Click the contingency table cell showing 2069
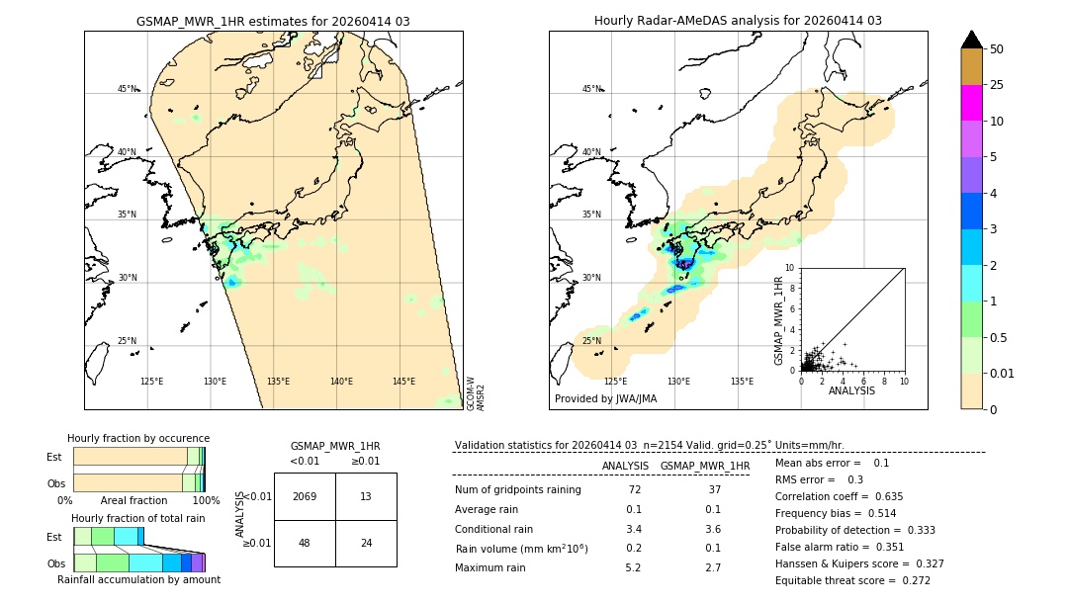click(305, 496)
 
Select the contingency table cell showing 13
click(366, 496)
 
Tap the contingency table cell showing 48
click(305, 543)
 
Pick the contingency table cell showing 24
click(366, 543)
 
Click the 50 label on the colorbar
click(997, 49)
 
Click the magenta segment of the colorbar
click(972, 103)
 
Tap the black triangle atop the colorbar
click(972, 40)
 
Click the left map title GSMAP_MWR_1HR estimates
click(273, 21)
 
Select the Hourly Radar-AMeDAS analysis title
click(738, 21)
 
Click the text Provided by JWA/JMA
click(605, 398)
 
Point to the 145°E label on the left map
click(403, 382)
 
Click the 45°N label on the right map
click(591, 89)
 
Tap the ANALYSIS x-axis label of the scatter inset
click(851, 390)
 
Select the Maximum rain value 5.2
click(633, 567)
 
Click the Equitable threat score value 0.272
click(916, 580)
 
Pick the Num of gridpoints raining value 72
click(633, 489)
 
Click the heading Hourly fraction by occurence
click(138, 438)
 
